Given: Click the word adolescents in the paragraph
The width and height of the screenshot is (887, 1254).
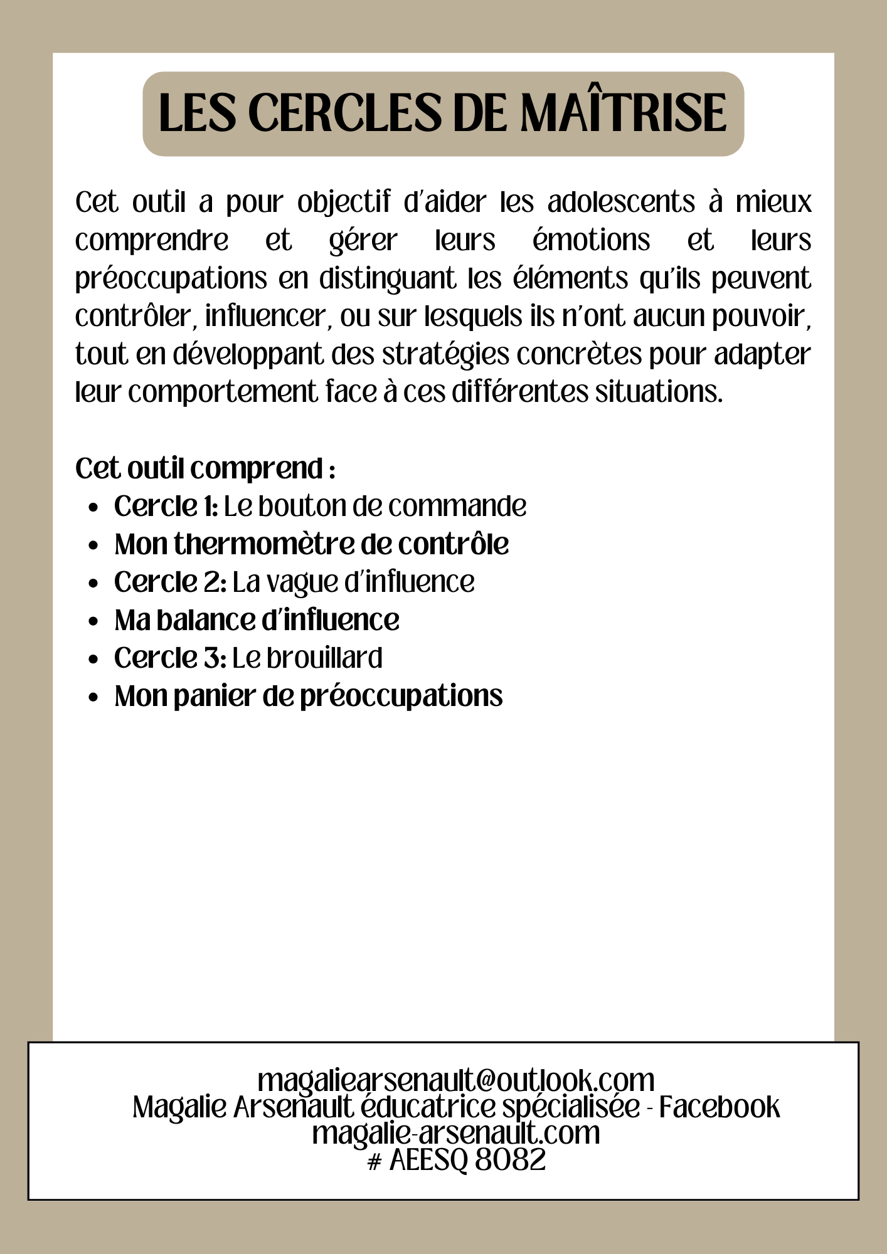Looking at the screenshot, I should coord(621,203).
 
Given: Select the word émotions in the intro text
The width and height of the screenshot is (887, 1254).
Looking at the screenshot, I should coord(591,240).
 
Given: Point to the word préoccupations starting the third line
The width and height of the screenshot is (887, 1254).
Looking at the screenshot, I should coord(171,279).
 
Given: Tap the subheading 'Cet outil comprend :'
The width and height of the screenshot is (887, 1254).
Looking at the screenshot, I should coord(205,468).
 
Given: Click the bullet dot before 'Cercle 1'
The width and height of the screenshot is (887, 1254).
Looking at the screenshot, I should coord(93,507).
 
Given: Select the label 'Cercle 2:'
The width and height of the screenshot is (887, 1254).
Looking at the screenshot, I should coord(170,582).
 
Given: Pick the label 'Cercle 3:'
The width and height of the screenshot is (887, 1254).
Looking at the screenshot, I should coord(170,658).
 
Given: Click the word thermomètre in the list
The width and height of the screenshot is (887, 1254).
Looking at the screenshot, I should coord(263,544).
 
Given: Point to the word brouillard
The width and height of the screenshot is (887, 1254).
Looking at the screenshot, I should coord(324,658).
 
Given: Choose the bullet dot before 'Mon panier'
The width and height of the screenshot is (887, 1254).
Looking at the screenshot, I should coord(93,697).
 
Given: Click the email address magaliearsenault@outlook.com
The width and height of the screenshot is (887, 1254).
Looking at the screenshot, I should coord(456,1080).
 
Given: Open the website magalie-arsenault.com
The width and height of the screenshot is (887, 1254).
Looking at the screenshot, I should coord(456,1133).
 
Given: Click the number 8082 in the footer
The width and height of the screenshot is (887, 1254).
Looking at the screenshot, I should coord(510,1159).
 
